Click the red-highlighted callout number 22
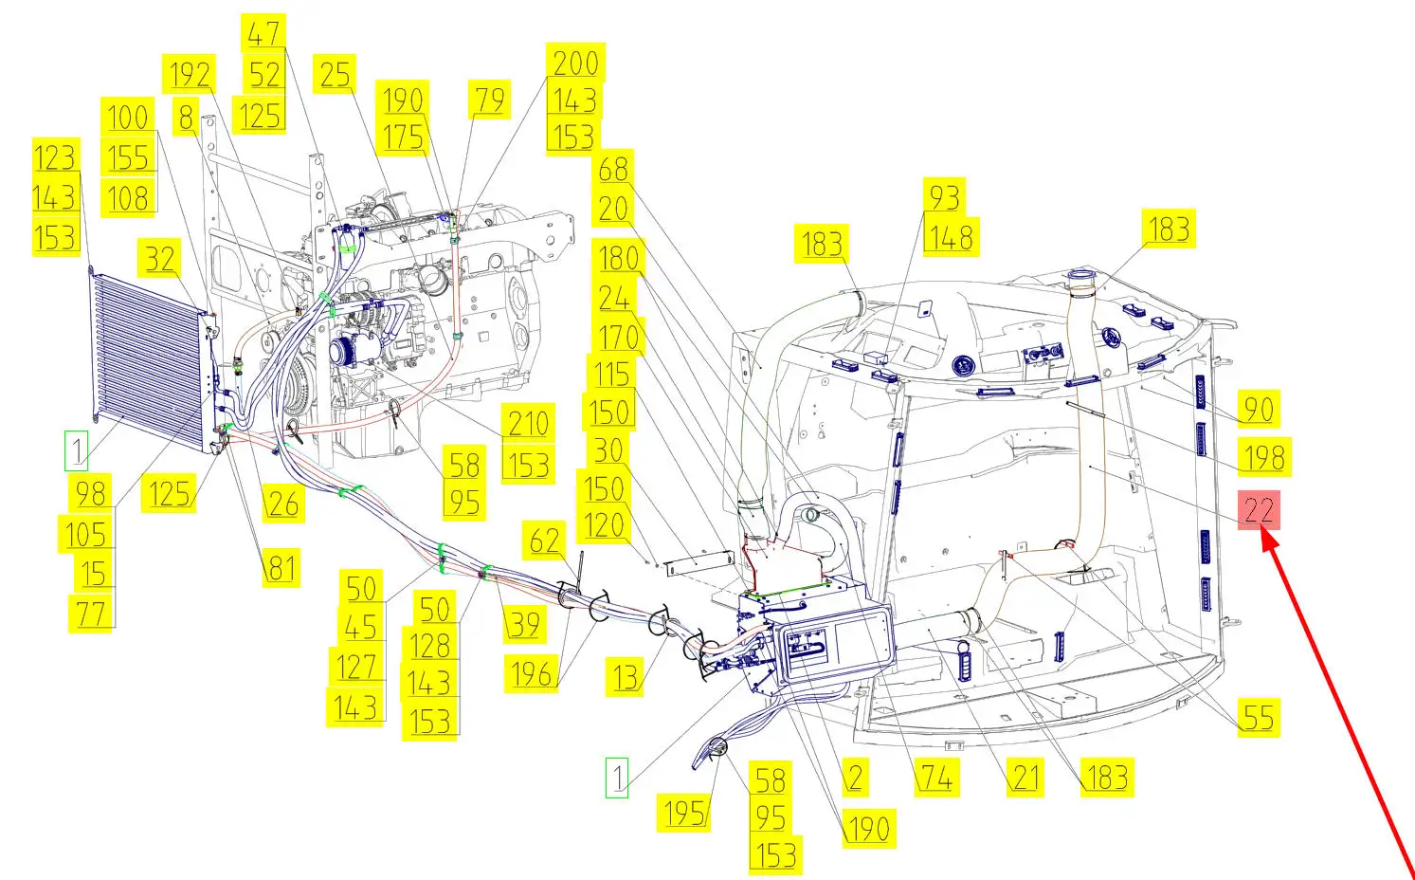pyautogui.click(x=1259, y=509)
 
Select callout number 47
pyautogui.click(x=263, y=33)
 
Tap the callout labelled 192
pyautogui.click(x=190, y=74)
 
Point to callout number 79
pyautogui.click(x=490, y=100)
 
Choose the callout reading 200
pyautogui.click(x=575, y=62)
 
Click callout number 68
pyautogui.click(x=613, y=170)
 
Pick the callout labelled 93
pyautogui.click(x=944, y=197)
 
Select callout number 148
pyautogui.click(x=952, y=237)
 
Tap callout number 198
pyautogui.click(x=1264, y=456)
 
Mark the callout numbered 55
pyautogui.click(x=1259, y=717)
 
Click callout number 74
pyautogui.click(x=937, y=777)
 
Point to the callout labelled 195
pyautogui.click(x=684, y=813)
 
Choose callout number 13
pyautogui.click(x=625, y=677)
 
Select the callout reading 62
pyautogui.click(x=545, y=541)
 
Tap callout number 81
pyautogui.click(x=281, y=568)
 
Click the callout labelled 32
pyautogui.click(x=159, y=258)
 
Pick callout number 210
pyautogui.click(x=528, y=422)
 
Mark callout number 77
pyautogui.click(x=92, y=614)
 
